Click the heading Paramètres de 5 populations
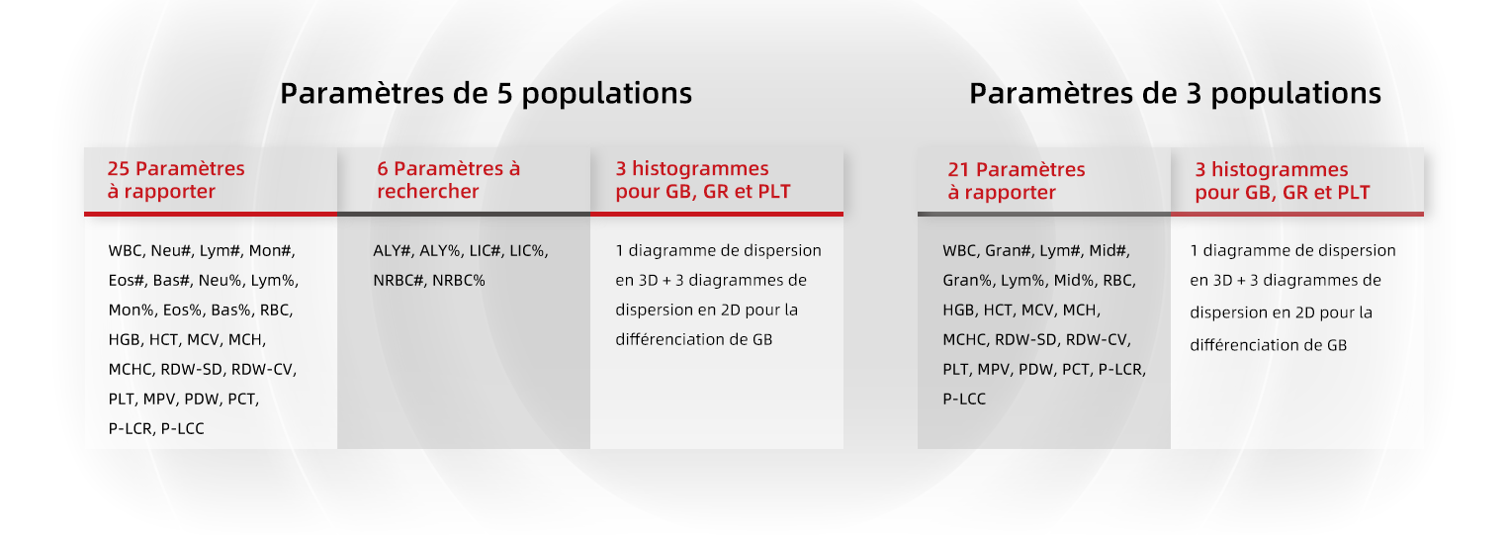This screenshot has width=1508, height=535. [486, 94]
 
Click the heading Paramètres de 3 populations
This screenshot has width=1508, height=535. [1175, 94]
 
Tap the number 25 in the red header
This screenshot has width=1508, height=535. [119, 168]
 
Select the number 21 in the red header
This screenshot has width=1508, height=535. [958, 169]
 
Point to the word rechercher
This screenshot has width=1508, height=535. [427, 191]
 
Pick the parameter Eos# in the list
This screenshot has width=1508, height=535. [126, 281]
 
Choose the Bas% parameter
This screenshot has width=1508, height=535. [233, 311]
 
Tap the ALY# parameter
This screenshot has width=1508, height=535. [392, 251]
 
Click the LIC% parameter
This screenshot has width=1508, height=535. [528, 251]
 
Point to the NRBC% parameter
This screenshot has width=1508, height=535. [459, 281]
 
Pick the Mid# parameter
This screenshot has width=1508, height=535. [1109, 251]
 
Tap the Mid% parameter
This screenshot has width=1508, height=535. [1073, 281]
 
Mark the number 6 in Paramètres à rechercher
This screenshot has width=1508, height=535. [383, 168]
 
